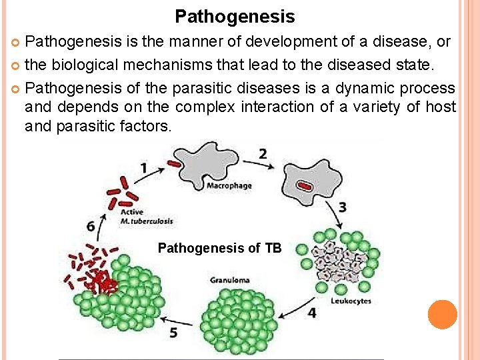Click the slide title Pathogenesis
(x=235, y=15)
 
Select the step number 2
(x=263, y=154)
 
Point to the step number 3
(x=342, y=207)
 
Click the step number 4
(x=312, y=312)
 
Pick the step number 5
(x=174, y=332)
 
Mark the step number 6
(x=91, y=226)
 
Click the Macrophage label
(x=229, y=185)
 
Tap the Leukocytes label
(x=351, y=301)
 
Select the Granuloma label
(x=230, y=279)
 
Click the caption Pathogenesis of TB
(x=219, y=249)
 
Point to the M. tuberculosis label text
(x=147, y=221)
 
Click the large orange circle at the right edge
(x=442, y=315)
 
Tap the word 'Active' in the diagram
(x=132, y=212)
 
